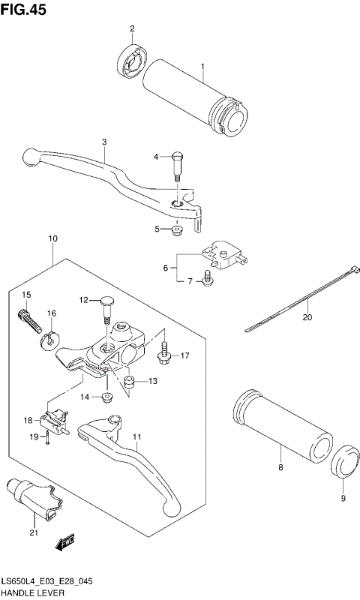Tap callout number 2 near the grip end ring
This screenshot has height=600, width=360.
(131, 29)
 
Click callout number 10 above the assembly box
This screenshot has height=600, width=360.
(53, 239)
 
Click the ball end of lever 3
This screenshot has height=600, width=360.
(30, 156)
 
